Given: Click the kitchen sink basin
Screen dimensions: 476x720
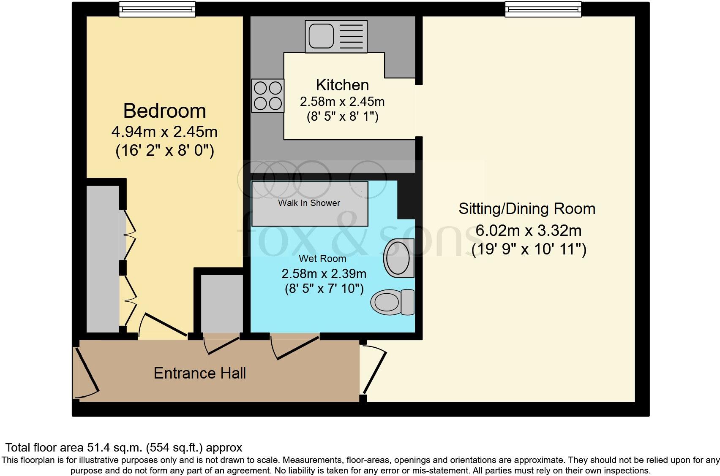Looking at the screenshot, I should (321, 36).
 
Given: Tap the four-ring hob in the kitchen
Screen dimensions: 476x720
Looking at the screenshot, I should (267, 96).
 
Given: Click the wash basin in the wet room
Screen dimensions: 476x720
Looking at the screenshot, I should (398, 257).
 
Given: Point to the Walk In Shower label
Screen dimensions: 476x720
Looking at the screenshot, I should (309, 203).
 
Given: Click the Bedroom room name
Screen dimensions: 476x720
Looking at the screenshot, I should (164, 111).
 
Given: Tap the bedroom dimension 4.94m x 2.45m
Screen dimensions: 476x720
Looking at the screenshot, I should (164, 132).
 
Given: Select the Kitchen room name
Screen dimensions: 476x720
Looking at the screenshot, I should (342, 85).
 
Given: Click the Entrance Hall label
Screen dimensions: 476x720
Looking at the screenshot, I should (199, 373).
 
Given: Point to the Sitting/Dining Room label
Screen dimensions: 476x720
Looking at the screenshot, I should (527, 208).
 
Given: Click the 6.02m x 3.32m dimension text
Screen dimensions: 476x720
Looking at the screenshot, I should (529, 230).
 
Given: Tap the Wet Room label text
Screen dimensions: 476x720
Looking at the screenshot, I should (322, 258).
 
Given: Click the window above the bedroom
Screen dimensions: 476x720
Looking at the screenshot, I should (157, 9).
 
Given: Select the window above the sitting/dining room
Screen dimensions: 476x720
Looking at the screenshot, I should (543, 9).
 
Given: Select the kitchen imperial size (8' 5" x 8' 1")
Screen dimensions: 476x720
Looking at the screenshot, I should (342, 116).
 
